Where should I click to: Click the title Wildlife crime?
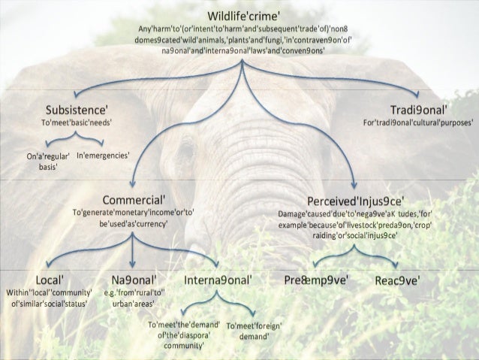coord(240,16)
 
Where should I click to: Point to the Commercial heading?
coord(134,201)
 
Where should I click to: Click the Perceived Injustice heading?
coord(357,201)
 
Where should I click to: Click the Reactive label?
coord(397,280)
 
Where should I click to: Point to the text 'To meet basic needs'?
coord(78,122)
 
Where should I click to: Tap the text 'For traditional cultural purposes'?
coord(414,122)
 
